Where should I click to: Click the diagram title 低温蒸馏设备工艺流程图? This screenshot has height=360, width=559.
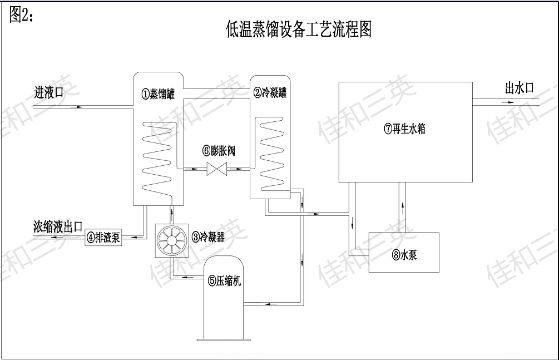299,28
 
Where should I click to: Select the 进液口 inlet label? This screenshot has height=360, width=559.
48,93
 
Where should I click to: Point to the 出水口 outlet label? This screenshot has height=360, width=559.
519,88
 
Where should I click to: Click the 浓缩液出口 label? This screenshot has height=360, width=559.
58,226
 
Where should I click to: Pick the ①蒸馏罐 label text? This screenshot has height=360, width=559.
158,94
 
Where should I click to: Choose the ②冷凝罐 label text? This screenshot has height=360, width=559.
270,93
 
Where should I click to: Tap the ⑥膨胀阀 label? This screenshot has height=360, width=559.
219,151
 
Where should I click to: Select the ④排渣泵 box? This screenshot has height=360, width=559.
103,239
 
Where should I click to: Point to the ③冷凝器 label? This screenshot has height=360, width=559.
208,237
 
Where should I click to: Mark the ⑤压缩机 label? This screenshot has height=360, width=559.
225,281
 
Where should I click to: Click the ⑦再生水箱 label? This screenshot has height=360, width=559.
405,130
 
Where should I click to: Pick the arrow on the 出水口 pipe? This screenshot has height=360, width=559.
510,103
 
